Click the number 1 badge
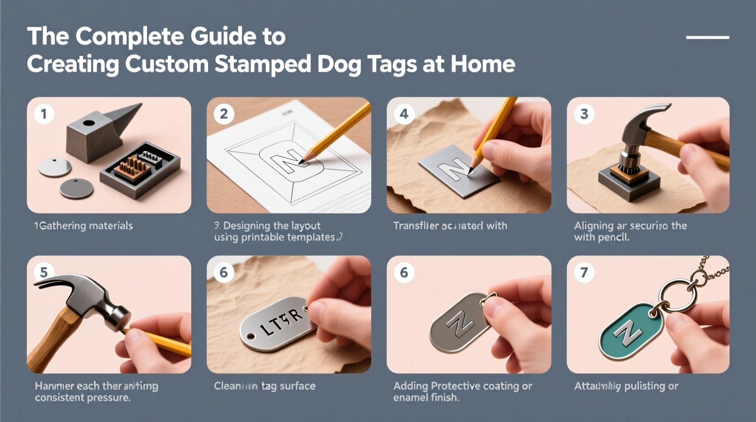tap(44, 114)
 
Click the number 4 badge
tap(404, 114)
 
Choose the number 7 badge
tap(584, 272)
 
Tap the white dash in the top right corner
tap(707, 37)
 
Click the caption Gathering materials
tap(85, 226)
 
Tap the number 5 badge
tap(44, 272)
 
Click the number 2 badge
tap(224, 114)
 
